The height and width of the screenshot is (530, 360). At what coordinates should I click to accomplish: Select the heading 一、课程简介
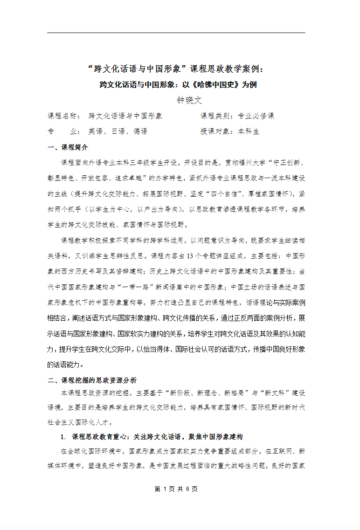[68, 147]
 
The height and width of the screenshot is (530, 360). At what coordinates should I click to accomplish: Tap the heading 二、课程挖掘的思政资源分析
[92, 380]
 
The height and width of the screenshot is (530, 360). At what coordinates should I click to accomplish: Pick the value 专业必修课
[256, 116]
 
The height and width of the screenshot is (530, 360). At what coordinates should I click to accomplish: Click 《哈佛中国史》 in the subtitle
[219, 85]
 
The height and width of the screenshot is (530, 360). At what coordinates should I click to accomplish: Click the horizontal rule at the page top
[176, 33]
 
